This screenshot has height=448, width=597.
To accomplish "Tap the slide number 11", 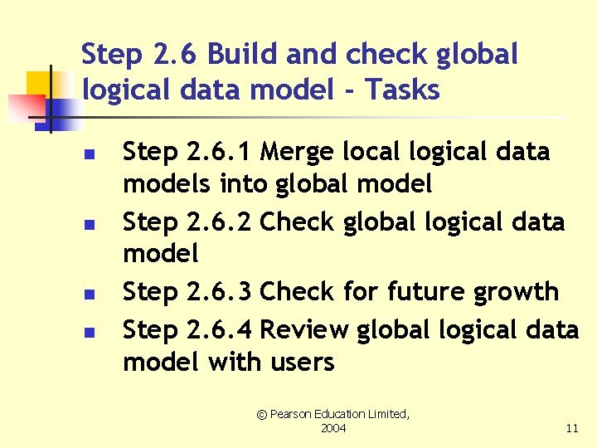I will coord(571,428).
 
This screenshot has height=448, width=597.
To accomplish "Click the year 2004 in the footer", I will coord(332,428).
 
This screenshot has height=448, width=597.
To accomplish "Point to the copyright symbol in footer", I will coord(261,413).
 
